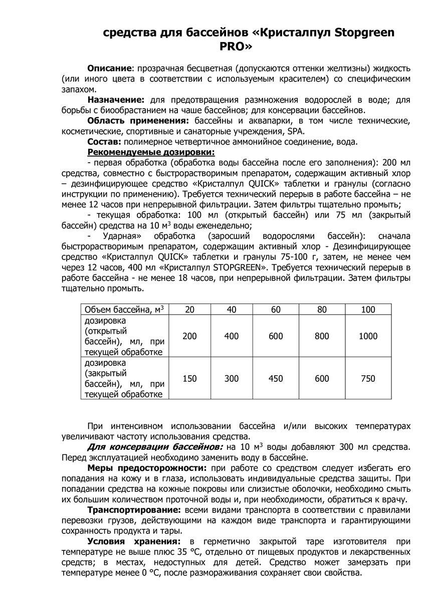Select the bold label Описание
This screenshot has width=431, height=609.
click(110, 68)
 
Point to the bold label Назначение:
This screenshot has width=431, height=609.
click(116, 100)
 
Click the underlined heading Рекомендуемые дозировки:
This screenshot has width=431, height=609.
click(151, 152)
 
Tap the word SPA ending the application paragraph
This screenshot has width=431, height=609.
click(295, 131)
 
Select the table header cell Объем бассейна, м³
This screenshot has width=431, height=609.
click(124, 310)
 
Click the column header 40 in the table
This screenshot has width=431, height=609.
click(231, 310)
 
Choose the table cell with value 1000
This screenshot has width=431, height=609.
click(368, 336)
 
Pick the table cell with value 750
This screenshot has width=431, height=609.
click(368, 378)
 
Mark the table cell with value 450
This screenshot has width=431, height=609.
click(276, 378)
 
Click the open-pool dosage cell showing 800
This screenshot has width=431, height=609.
click(322, 336)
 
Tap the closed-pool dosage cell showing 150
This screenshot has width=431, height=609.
click(189, 378)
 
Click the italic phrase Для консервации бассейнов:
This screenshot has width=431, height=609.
click(155, 446)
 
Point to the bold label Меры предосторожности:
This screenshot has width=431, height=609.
click(146, 467)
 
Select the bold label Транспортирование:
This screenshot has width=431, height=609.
click(134, 510)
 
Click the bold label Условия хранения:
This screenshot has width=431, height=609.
click(133, 541)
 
